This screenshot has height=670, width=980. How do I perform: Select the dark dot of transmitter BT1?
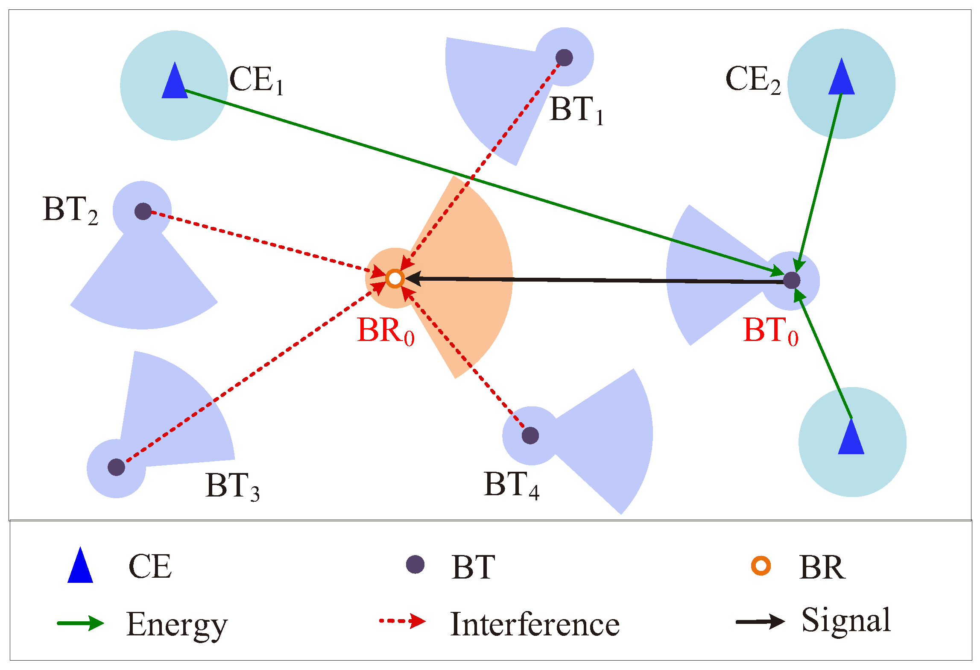click(x=564, y=58)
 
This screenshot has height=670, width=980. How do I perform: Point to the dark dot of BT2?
click(x=143, y=211)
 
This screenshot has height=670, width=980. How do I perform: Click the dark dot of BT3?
click(x=116, y=467)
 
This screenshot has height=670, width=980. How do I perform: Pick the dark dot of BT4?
click(x=530, y=435)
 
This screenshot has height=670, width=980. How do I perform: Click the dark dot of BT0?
click(x=792, y=280)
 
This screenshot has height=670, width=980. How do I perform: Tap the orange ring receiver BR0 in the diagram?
click(x=395, y=279)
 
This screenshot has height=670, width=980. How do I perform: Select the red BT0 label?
click(x=770, y=331)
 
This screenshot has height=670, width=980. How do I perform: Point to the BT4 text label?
click(x=511, y=485)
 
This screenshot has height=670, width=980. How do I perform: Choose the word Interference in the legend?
click(x=535, y=625)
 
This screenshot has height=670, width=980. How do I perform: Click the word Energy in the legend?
click(x=177, y=625)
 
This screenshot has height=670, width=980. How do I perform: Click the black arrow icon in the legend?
click(x=760, y=622)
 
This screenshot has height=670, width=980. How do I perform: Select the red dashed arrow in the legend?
click(x=402, y=621)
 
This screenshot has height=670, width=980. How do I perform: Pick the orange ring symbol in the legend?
click(x=761, y=566)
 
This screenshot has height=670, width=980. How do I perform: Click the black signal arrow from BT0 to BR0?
click(x=598, y=280)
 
